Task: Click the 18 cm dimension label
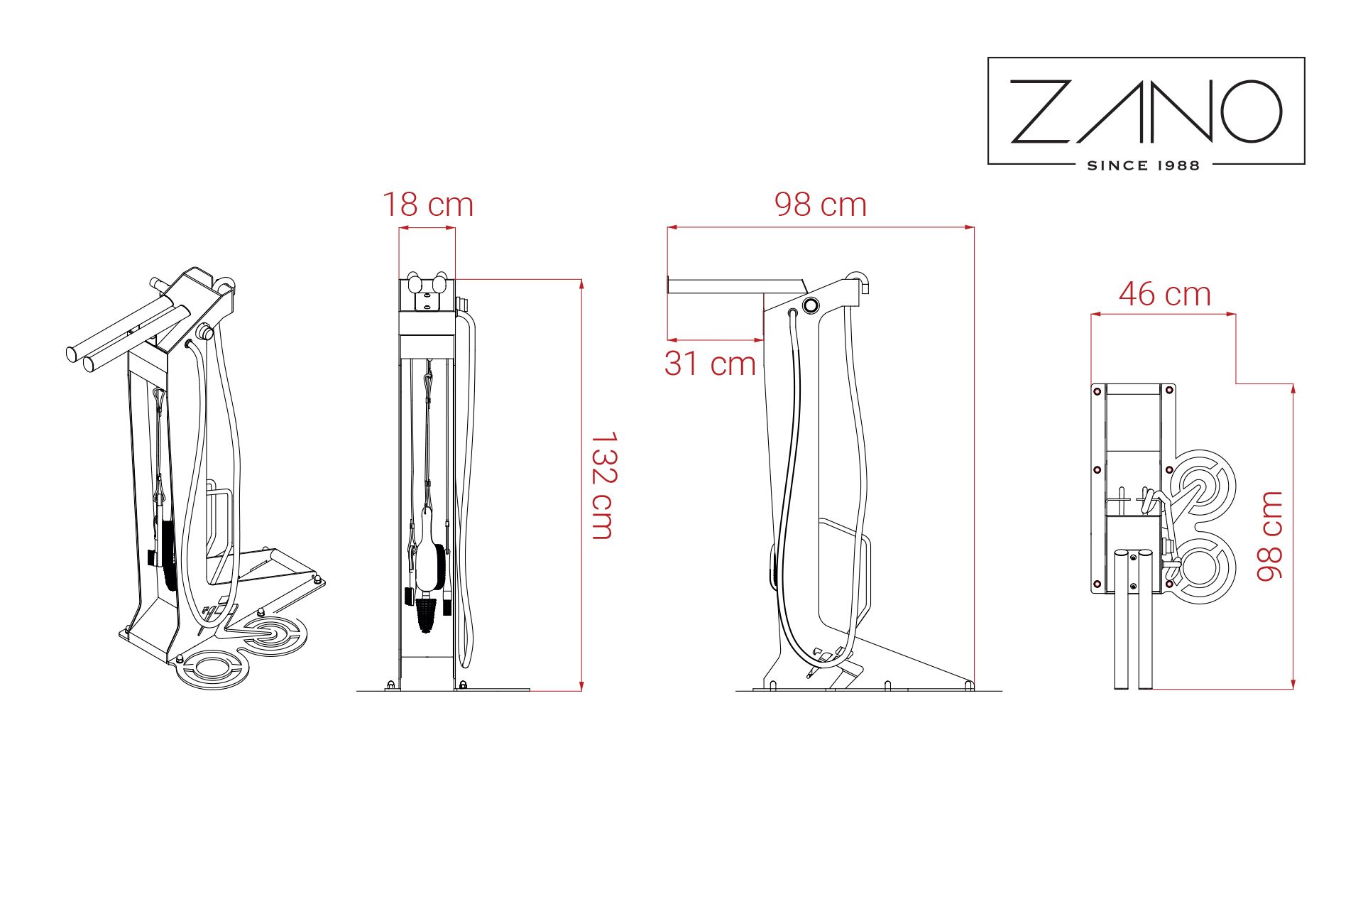(x=428, y=205)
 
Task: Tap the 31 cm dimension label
(x=711, y=364)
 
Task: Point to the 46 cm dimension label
(x=1165, y=294)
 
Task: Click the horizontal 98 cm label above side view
(x=821, y=205)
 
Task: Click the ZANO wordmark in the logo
(x=1146, y=111)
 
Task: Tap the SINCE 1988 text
(x=1143, y=165)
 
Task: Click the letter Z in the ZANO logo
(x=1041, y=111)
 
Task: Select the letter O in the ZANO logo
(x=1251, y=111)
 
